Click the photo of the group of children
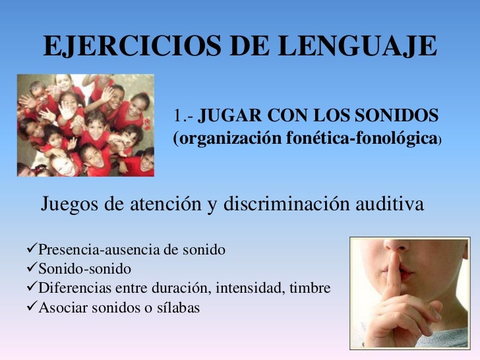click(x=86, y=125)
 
